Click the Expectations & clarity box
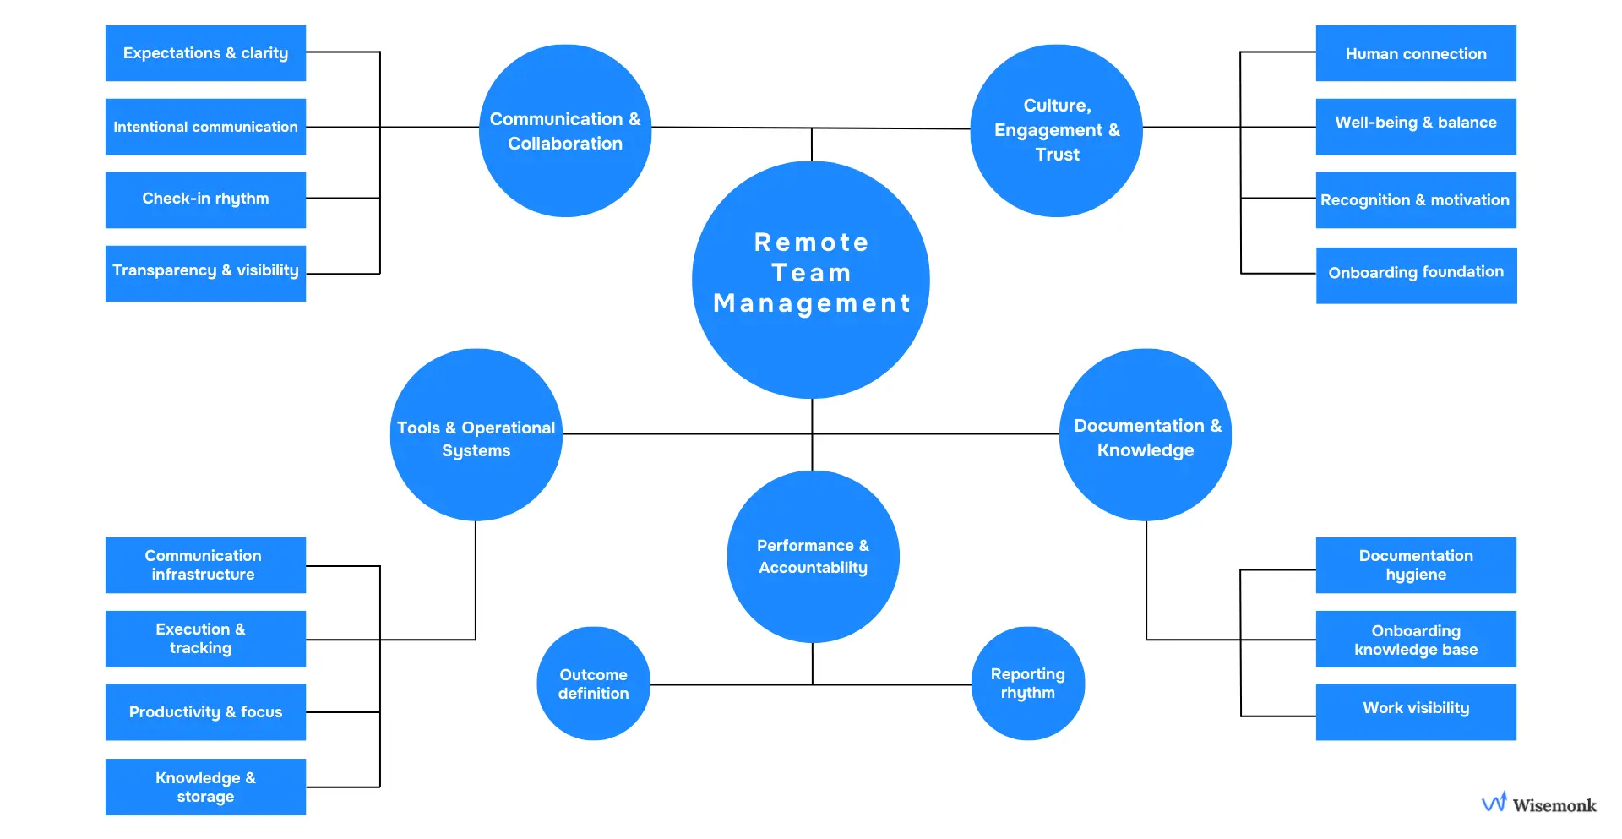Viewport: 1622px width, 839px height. click(205, 53)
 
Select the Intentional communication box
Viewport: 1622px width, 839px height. click(205, 127)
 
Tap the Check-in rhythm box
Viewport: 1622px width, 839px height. click(205, 199)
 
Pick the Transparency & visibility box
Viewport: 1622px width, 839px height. click(205, 273)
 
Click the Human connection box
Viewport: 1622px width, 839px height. click(1416, 53)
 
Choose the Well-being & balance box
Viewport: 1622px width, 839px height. click(1416, 127)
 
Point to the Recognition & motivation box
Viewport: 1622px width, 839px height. click(1416, 200)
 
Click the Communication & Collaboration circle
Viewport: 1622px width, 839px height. click(565, 131)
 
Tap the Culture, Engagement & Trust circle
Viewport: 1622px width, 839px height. click(1057, 131)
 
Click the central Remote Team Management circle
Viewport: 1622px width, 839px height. click(811, 279)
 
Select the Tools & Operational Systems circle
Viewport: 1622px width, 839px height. click(476, 435)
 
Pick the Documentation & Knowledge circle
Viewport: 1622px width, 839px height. click(1146, 435)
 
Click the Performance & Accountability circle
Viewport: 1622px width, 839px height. click(813, 557)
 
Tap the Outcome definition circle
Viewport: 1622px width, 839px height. click(594, 684)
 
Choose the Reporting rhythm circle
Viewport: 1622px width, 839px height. click(1028, 684)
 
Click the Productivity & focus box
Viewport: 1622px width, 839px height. click(205, 712)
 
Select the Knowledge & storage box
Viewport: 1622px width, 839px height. click(205, 787)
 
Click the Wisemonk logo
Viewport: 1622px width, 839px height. click(1539, 804)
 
